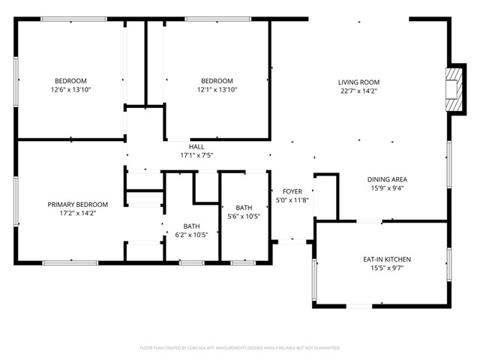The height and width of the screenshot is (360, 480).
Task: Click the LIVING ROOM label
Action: [358, 82]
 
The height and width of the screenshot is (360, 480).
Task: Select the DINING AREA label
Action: [387, 179]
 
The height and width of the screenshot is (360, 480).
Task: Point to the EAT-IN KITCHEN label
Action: [387, 259]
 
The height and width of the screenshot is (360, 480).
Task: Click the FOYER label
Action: [292, 192]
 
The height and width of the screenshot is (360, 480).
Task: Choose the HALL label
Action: [197, 147]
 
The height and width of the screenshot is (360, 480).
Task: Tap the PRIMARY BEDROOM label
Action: [78, 205]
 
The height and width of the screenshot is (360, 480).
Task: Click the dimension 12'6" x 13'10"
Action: [70, 90]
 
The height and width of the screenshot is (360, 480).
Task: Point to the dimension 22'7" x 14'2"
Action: [358, 91]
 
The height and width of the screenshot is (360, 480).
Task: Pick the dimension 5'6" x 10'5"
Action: [244, 217]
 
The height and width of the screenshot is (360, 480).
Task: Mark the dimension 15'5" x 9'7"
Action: [387, 268]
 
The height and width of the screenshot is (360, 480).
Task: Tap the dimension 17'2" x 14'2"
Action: [78, 213]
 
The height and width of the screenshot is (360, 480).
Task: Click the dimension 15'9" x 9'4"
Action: [387, 188]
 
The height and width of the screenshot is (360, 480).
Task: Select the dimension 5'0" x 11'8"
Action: [292, 200]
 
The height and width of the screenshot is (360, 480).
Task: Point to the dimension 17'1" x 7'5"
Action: [197, 156]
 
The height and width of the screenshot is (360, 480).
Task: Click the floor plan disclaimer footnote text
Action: [240, 348]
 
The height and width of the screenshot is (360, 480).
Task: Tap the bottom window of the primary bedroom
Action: [70, 262]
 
